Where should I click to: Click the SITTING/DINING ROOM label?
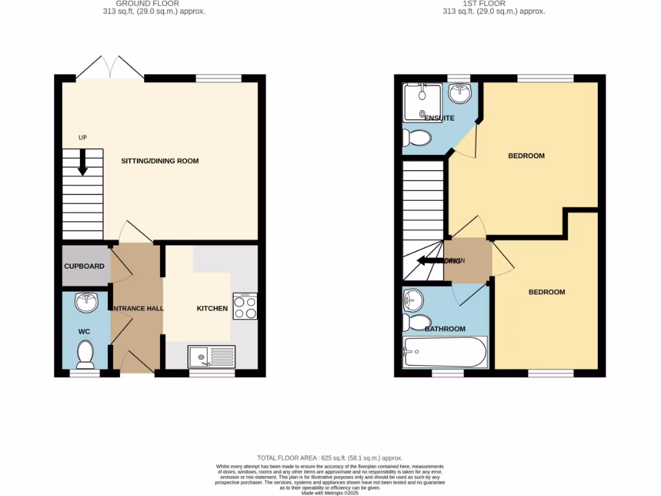tap(160, 161)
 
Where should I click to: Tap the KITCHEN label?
tap(212, 309)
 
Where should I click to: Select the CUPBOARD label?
tap(84, 266)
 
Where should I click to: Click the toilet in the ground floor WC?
tap(85, 353)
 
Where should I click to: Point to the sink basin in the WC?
tap(85, 302)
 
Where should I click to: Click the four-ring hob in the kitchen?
tap(245, 306)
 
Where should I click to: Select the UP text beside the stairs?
tap(83, 138)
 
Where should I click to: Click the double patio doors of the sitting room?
tap(110, 68)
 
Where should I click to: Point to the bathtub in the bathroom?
tap(444, 353)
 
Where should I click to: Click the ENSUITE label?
tap(439, 118)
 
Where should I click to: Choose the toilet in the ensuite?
tap(416, 138)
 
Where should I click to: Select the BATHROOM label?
tap(445, 329)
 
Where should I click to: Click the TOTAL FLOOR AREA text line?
tap(330, 457)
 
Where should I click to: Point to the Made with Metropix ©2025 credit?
tap(330, 493)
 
